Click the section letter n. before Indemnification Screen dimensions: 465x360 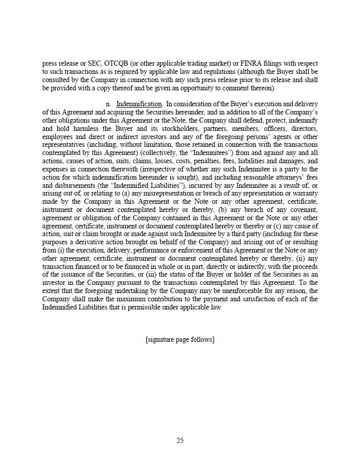[x=108, y=104]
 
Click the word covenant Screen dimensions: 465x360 [x=303, y=210]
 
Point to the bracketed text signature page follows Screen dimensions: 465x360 [x=180, y=340]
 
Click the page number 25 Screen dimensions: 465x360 [x=180, y=440]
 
